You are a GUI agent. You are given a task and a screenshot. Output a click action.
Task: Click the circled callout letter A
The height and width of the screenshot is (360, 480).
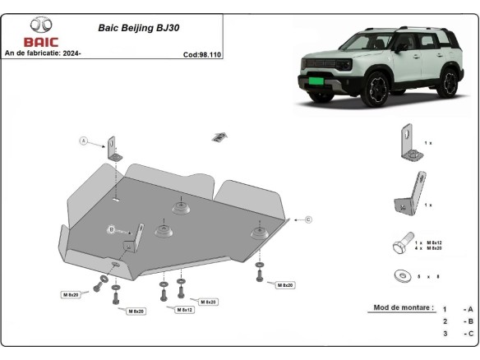pyautogui.click(x=83, y=141)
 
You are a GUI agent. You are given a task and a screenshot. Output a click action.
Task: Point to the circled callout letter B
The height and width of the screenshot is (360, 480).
pyautogui.click(x=109, y=228)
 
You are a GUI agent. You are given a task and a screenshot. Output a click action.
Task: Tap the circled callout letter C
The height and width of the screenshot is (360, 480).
pyautogui.click(x=307, y=219)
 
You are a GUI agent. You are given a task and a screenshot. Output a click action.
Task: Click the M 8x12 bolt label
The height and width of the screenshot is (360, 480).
pyautogui.click(x=185, y=309)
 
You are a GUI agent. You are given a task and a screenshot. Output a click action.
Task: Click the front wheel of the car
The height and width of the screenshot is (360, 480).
pyautogui.click(x=380, y=88)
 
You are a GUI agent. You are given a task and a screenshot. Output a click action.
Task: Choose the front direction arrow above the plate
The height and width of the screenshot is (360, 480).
pyautogui.click(x=219, y=136)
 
